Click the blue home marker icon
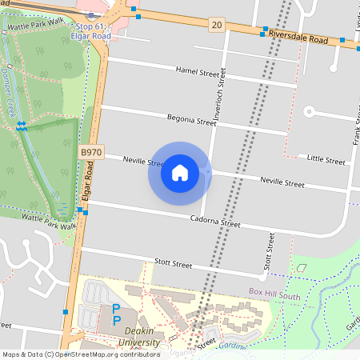(x=179, y=173)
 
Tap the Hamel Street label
(x=197, y=73)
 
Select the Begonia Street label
(x=191, y=121)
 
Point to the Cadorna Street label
(x=215, y=222)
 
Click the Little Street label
(x=327, y=161)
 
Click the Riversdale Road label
(x=300, y=38)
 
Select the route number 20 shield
(x=218, y=26)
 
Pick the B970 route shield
(x=92, y=150)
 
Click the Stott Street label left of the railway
(x=173, y=263)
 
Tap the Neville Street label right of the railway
(x=282, y=182)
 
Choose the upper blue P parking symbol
(x=117, y=308)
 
